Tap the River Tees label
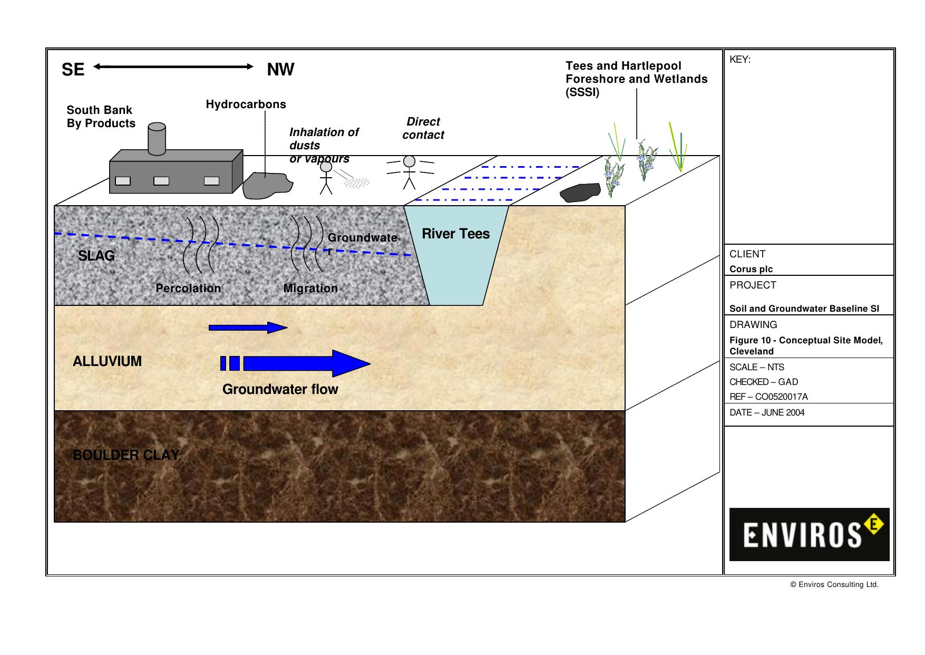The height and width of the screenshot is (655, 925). coord(455,234)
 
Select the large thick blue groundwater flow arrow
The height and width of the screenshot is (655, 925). coord(306,363)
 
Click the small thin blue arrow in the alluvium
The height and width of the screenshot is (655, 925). coord(248,327)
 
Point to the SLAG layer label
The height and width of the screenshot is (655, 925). coord(96,256)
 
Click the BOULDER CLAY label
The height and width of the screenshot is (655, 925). coord(126,455)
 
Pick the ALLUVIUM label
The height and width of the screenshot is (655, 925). coord(107,361)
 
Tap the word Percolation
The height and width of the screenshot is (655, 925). coord(188,288)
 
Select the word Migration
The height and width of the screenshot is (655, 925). coord(310,288)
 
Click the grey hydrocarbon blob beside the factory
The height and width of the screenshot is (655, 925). coord(267,185)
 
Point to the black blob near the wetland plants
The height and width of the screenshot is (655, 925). coord(580,192)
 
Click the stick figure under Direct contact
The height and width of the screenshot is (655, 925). coord(410,171)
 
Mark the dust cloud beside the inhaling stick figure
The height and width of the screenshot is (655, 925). coord(357,182)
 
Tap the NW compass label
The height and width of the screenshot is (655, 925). coord(280,70)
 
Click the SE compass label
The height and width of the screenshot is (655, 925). coord(73,70)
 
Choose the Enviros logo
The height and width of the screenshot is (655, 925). coord(809,534)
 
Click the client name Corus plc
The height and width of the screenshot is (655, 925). coord(751,269)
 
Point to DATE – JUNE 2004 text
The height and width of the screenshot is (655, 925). coord(767,412)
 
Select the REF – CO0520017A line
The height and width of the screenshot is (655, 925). coord(768,397)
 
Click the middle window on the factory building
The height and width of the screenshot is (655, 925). coord(161,181)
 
